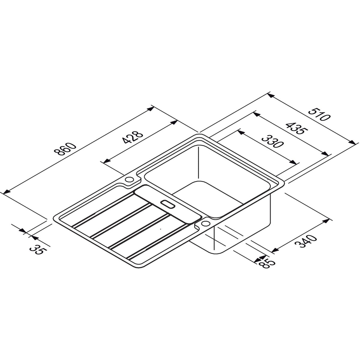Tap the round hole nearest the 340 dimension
point(206,224)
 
